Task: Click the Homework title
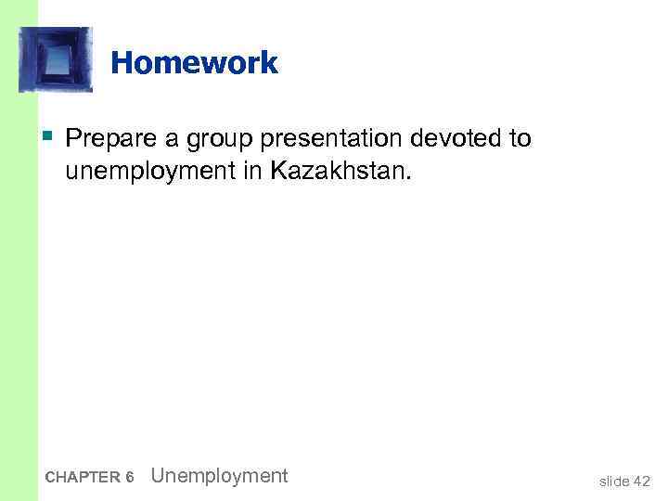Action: click(x=194, y=63)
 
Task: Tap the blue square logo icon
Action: click(x=56, y=59)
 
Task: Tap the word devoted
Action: click(x=453, y=139)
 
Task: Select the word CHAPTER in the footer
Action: click(x=81, y=478)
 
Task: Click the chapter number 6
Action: click(x=130, y=478)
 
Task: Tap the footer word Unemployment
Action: click(x=219, y=476)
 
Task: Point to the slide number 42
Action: click(x=641, y=480)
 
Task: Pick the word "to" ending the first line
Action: click(x=520, y=139)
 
